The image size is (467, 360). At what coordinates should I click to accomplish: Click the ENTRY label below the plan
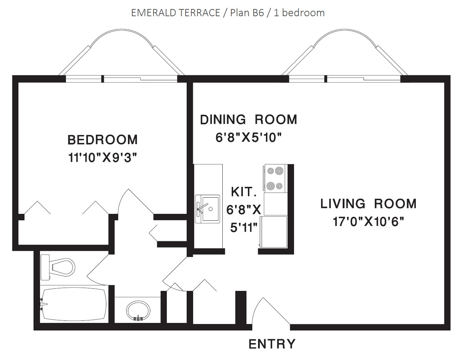tap(272, 344)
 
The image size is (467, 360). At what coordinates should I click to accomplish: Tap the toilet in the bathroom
tap(58, 267)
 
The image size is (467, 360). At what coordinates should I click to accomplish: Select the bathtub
tap(74, 304)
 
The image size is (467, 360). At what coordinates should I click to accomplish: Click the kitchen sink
tap(208, 209)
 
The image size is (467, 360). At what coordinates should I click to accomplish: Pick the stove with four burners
tap(275, 178)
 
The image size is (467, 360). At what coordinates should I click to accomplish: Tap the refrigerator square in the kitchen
tap(273, 231)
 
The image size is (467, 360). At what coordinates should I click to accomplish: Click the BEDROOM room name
tap(102, 140)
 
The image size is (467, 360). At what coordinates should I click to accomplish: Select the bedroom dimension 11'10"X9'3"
tap(102, 158)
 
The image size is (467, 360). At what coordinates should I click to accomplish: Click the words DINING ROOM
tap(249, 120)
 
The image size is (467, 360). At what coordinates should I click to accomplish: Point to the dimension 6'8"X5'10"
tap(248, 138)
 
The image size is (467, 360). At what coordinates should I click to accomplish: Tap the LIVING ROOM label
tap(368, 204)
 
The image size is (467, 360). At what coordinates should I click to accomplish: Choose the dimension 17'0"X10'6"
tap(368, 221)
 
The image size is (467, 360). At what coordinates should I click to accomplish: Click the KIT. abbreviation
tap(244, 192)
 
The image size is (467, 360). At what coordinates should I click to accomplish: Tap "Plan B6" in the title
tap(247, 13)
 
